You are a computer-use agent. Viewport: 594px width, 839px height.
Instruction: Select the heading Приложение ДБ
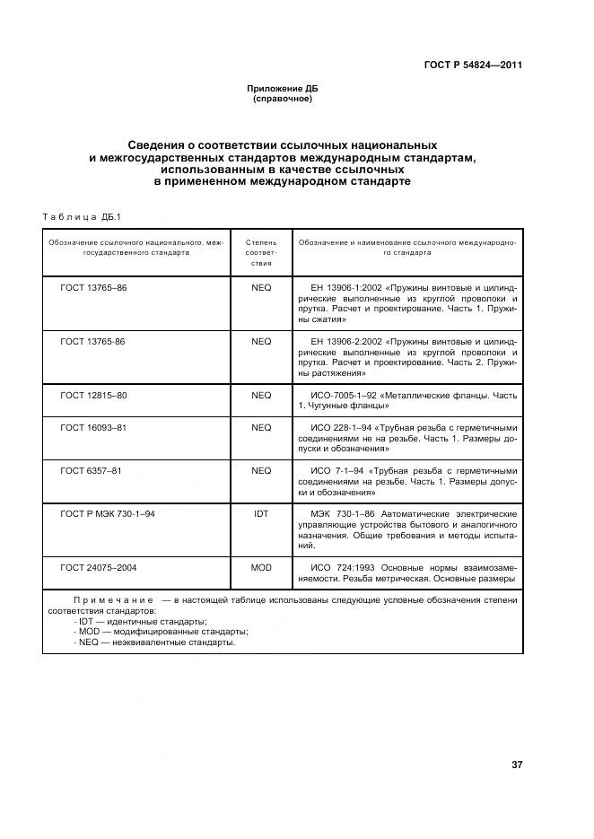point(283,89)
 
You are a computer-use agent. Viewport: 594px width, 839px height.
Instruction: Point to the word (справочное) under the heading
point(283,99)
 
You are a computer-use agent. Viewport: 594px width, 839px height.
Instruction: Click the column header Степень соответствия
point(260,253)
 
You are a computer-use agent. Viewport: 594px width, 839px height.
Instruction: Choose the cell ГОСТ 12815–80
point(93,395)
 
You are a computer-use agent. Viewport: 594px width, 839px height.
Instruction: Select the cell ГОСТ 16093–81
point(93,428)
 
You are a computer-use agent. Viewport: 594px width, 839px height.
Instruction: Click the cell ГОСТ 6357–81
point(91,470)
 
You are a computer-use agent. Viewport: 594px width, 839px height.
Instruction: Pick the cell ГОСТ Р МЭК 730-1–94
point(108,513)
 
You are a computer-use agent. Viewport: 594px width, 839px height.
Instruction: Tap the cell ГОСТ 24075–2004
point(99,567)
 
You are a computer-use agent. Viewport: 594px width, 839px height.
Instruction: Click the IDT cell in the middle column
point(260,513)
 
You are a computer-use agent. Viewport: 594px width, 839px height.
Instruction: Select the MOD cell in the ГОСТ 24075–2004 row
point(260,567)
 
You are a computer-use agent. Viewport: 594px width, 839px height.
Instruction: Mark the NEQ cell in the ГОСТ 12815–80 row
point(260,395)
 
